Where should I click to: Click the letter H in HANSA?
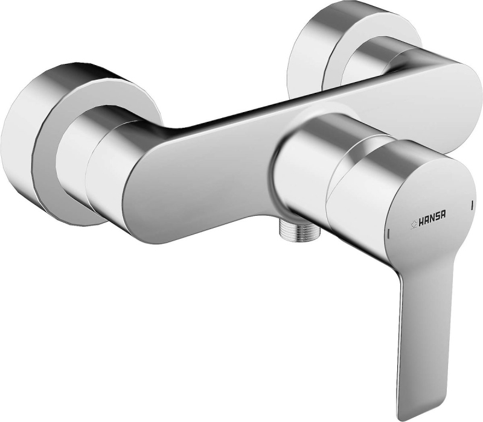click(420, 218)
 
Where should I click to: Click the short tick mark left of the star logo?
click(389, 233)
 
